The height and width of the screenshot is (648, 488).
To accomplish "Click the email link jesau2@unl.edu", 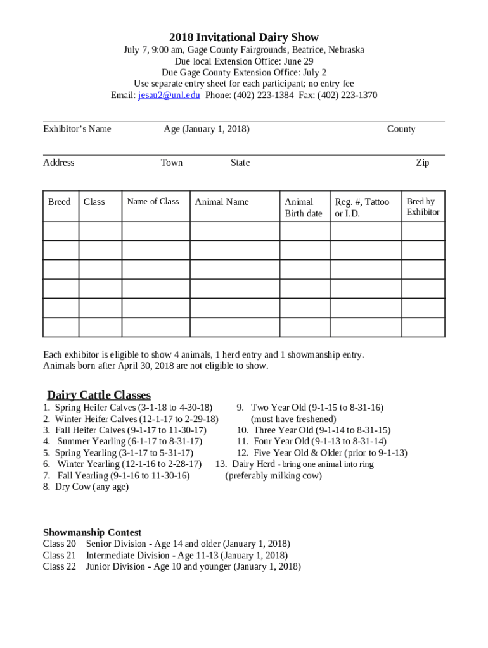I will pos(169,96).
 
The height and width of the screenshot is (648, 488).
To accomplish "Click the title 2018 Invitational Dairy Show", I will pos(244,37).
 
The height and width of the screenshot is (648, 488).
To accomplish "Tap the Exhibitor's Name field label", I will pos(77,129).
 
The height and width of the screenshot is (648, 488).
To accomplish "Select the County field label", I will pos(401,129).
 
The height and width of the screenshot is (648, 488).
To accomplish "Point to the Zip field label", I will pos(422,163).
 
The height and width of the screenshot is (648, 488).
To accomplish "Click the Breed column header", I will pos(60,202).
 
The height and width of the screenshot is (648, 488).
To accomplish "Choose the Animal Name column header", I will pos(222,202).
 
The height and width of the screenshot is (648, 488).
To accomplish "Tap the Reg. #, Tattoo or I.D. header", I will pos(362,207).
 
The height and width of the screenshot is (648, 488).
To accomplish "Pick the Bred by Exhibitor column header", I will pos(423,206).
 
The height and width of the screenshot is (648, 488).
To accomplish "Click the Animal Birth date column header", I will pos(303,207).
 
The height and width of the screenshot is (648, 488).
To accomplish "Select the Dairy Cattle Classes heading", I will pos(99,396).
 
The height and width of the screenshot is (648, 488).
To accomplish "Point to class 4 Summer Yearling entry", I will pos(124,441).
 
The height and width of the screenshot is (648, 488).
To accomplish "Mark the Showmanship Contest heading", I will pos(92,532).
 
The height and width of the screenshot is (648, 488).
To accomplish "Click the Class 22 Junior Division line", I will pos(172,566).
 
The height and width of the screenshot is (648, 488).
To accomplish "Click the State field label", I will pos(240,163).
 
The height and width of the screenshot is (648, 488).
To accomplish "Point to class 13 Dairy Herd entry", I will pos(295,464).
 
